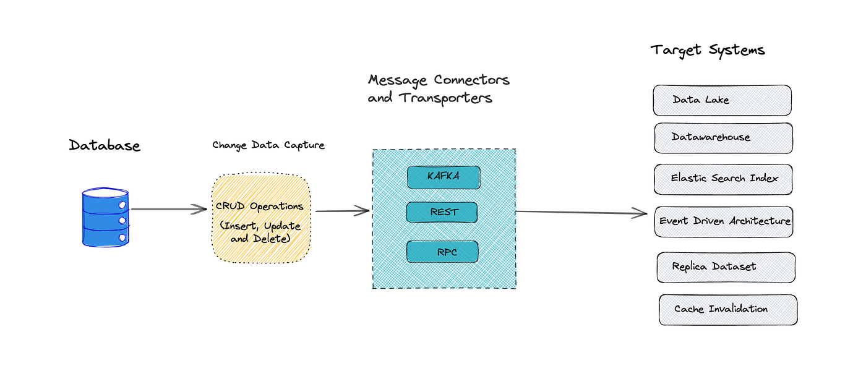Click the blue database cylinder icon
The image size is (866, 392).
105,218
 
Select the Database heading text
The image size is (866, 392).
105,145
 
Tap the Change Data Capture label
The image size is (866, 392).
268,145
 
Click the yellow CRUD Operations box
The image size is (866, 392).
260,218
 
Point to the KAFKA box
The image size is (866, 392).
443,177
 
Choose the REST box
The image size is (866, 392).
442,212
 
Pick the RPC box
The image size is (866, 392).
442,252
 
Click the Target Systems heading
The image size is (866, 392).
707,50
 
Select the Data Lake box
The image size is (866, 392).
722,100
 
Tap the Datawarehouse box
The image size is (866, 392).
723,138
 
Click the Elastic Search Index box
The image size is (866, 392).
723,179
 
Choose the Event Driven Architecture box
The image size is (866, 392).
724,221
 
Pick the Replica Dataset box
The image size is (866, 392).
726,267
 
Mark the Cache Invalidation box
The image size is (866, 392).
727,309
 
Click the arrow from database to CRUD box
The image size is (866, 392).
168,209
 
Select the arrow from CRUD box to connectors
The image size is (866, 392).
342,211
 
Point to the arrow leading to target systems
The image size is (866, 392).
581,213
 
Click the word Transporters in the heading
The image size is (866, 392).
445,98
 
